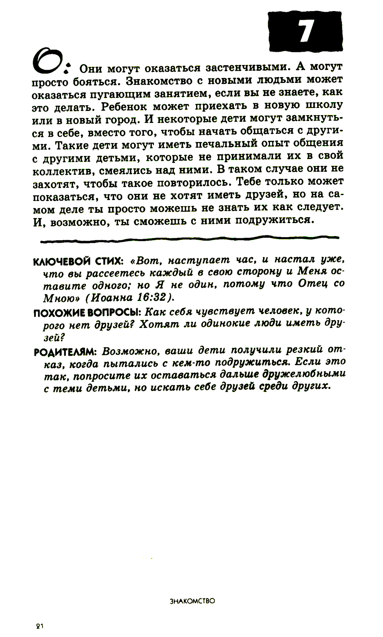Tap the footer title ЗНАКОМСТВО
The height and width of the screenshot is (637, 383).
192,601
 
